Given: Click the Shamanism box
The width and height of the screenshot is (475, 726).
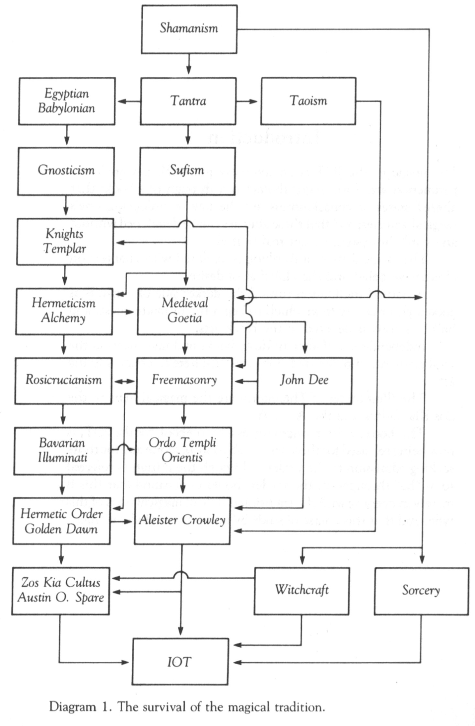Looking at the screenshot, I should pos(189,29).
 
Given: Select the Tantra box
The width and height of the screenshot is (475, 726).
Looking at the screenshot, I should pos(188,101).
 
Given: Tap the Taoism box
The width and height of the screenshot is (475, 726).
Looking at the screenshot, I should pos(308,101).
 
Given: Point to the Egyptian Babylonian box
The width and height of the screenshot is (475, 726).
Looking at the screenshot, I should pos(67,101).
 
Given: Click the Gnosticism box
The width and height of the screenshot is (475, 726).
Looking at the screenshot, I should pos(66,171).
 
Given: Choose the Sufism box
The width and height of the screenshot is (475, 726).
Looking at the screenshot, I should pos(187,171).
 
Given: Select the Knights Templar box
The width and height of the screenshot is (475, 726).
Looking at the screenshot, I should pos(65,241).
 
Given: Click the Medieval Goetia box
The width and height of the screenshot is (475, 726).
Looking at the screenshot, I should pos(185,311).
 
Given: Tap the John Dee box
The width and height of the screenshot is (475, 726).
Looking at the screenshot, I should pos(304,380).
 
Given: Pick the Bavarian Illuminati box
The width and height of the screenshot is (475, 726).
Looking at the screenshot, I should pos(63,451).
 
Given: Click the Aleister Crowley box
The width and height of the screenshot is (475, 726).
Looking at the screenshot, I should pos(182,520).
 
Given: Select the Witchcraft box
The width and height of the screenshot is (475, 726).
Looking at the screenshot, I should pos(302,590).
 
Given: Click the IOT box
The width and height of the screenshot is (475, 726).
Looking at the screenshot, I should pos(180,661).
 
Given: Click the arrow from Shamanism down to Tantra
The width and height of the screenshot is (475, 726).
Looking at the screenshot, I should pos(189,65).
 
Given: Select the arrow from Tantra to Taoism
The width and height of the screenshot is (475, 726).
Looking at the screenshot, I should pos(248,101).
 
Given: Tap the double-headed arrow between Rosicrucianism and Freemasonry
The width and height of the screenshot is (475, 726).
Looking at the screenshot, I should pos(124,382).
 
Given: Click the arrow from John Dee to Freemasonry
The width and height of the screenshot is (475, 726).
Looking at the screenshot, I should pos(245,381).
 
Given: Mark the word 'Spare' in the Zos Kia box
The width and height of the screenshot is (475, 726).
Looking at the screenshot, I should pos(89,597).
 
